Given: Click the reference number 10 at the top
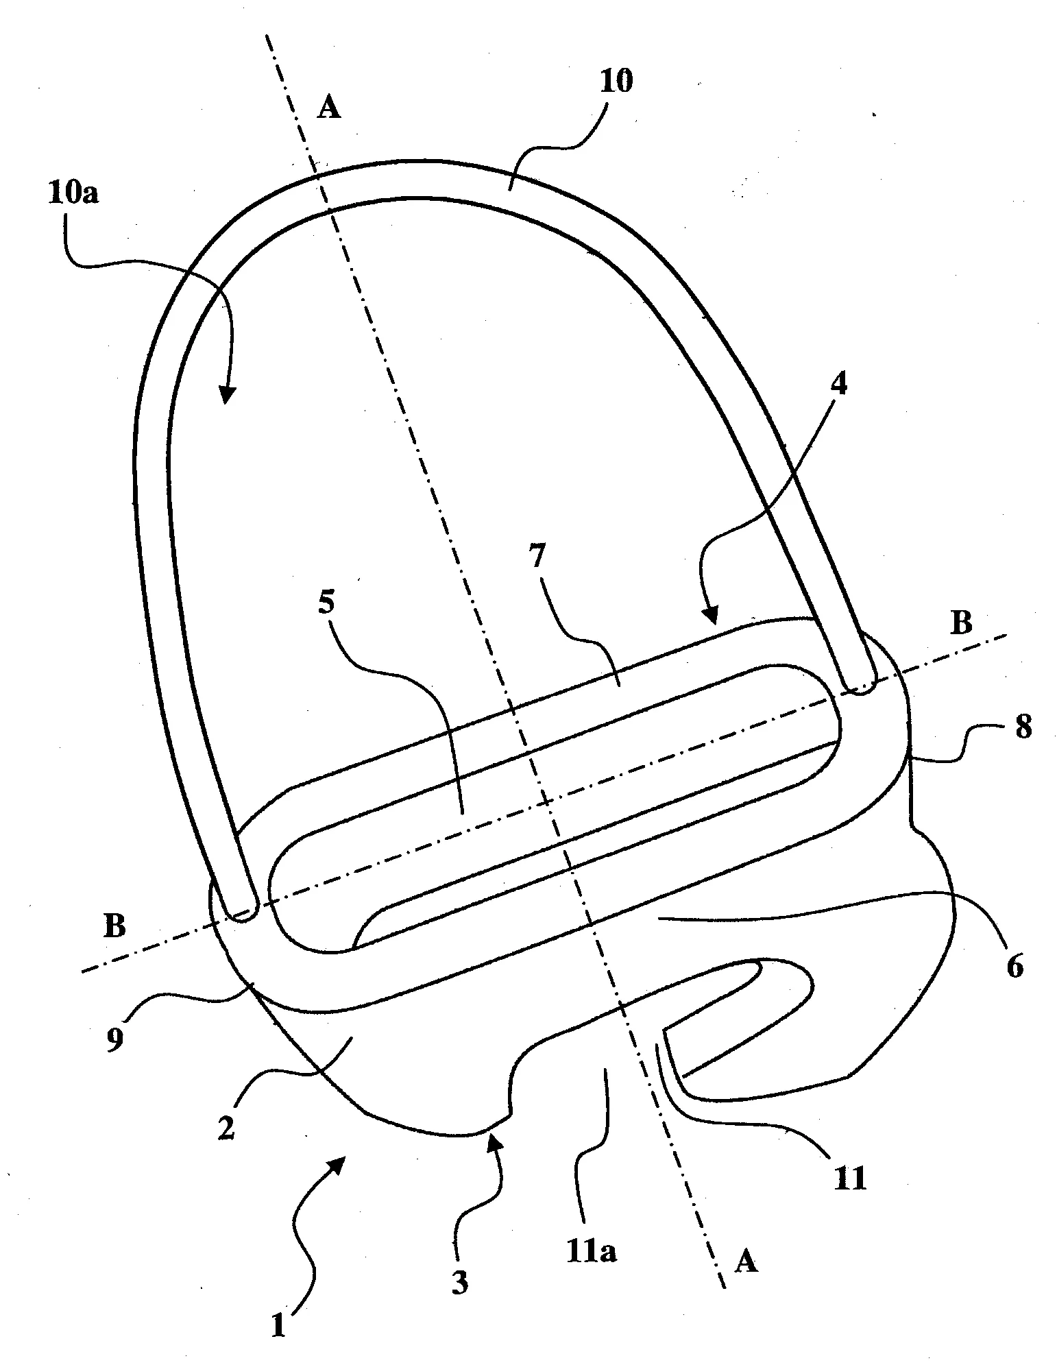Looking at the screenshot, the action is point(616,81).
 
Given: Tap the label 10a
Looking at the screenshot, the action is point(73,193).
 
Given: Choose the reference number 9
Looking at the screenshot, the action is point(115,1039).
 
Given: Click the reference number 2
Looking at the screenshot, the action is point(227,1128).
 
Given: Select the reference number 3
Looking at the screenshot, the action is point(460,1282).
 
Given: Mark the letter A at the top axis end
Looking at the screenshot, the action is point(330,108).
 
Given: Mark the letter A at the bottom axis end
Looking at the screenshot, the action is point(746,1261).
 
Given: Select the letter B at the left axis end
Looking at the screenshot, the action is point(114,927).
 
